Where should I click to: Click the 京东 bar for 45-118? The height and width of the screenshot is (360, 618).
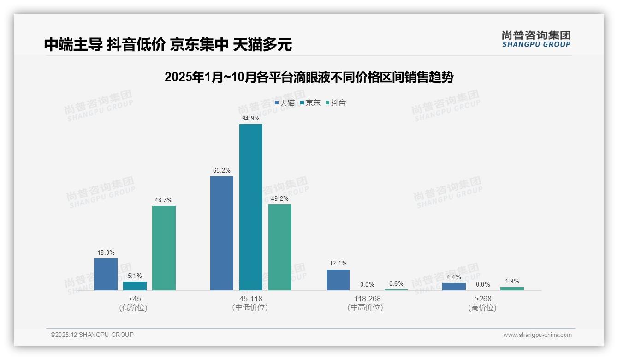tap(251, 207)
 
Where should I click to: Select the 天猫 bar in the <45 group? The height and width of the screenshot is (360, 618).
tap(106, 274)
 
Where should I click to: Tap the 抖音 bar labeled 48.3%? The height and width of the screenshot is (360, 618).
tap(164, 248)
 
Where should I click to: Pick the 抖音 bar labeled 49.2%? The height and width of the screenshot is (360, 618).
tap(280, 247)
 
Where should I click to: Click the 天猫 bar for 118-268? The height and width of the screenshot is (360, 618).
tap(338, 280)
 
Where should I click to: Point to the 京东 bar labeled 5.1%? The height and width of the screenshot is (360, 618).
tap(135, 286)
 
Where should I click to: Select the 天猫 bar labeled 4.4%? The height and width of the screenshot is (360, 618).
tap(454, 286)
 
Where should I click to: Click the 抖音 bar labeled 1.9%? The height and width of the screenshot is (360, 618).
tap(512, 288)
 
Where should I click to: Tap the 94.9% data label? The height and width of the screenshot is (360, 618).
tap(251, 118)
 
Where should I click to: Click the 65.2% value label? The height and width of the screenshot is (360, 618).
tap(222, 170)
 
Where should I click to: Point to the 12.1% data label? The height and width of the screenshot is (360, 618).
tap(338, 264)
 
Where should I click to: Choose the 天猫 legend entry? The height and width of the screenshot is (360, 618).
tap(285, 103)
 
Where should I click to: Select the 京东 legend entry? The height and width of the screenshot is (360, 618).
tap(310, 103)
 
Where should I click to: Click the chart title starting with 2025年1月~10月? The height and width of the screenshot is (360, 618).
tap(309, 77)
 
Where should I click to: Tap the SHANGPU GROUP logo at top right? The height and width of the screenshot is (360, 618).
tap(536, 39)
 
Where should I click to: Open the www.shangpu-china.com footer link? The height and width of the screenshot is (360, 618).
tap(537, 335)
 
